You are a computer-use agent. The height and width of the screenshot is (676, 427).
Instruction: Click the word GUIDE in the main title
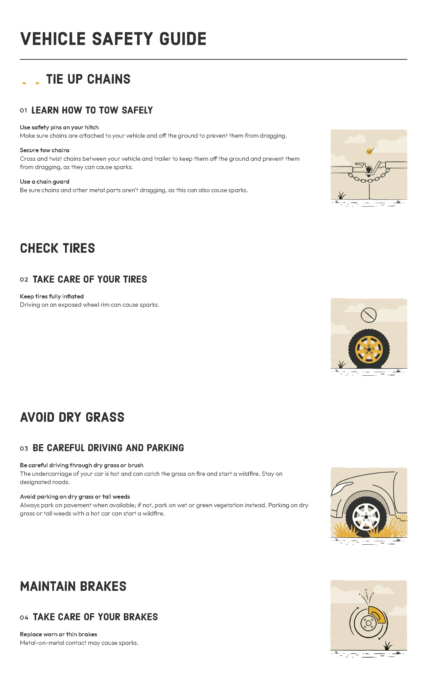point(183,39)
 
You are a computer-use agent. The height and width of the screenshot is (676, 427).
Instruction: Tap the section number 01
point(23,111)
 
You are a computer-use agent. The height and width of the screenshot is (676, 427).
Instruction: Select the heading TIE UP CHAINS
point(88,79)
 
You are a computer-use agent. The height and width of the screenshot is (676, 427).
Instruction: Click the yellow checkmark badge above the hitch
point(369,151)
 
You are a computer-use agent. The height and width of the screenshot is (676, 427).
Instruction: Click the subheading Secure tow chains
point(45,150)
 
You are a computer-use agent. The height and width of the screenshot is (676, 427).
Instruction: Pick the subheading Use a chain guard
point(45,182)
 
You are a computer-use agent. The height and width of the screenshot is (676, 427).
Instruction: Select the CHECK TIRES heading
point(58,248)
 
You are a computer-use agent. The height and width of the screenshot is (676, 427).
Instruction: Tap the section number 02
point(24,280)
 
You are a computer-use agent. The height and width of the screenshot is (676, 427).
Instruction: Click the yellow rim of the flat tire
point(369,349)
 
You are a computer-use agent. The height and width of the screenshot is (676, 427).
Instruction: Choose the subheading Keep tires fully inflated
point(52,296)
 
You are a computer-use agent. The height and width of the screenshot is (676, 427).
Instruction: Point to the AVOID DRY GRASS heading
point(72,418)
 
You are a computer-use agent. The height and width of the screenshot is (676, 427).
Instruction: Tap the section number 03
point(24,449)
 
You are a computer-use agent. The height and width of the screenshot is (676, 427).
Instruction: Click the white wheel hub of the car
point(366,517)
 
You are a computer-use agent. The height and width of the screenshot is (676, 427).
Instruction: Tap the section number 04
point(24,618)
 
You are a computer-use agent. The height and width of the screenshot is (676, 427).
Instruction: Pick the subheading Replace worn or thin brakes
point(58,635)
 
